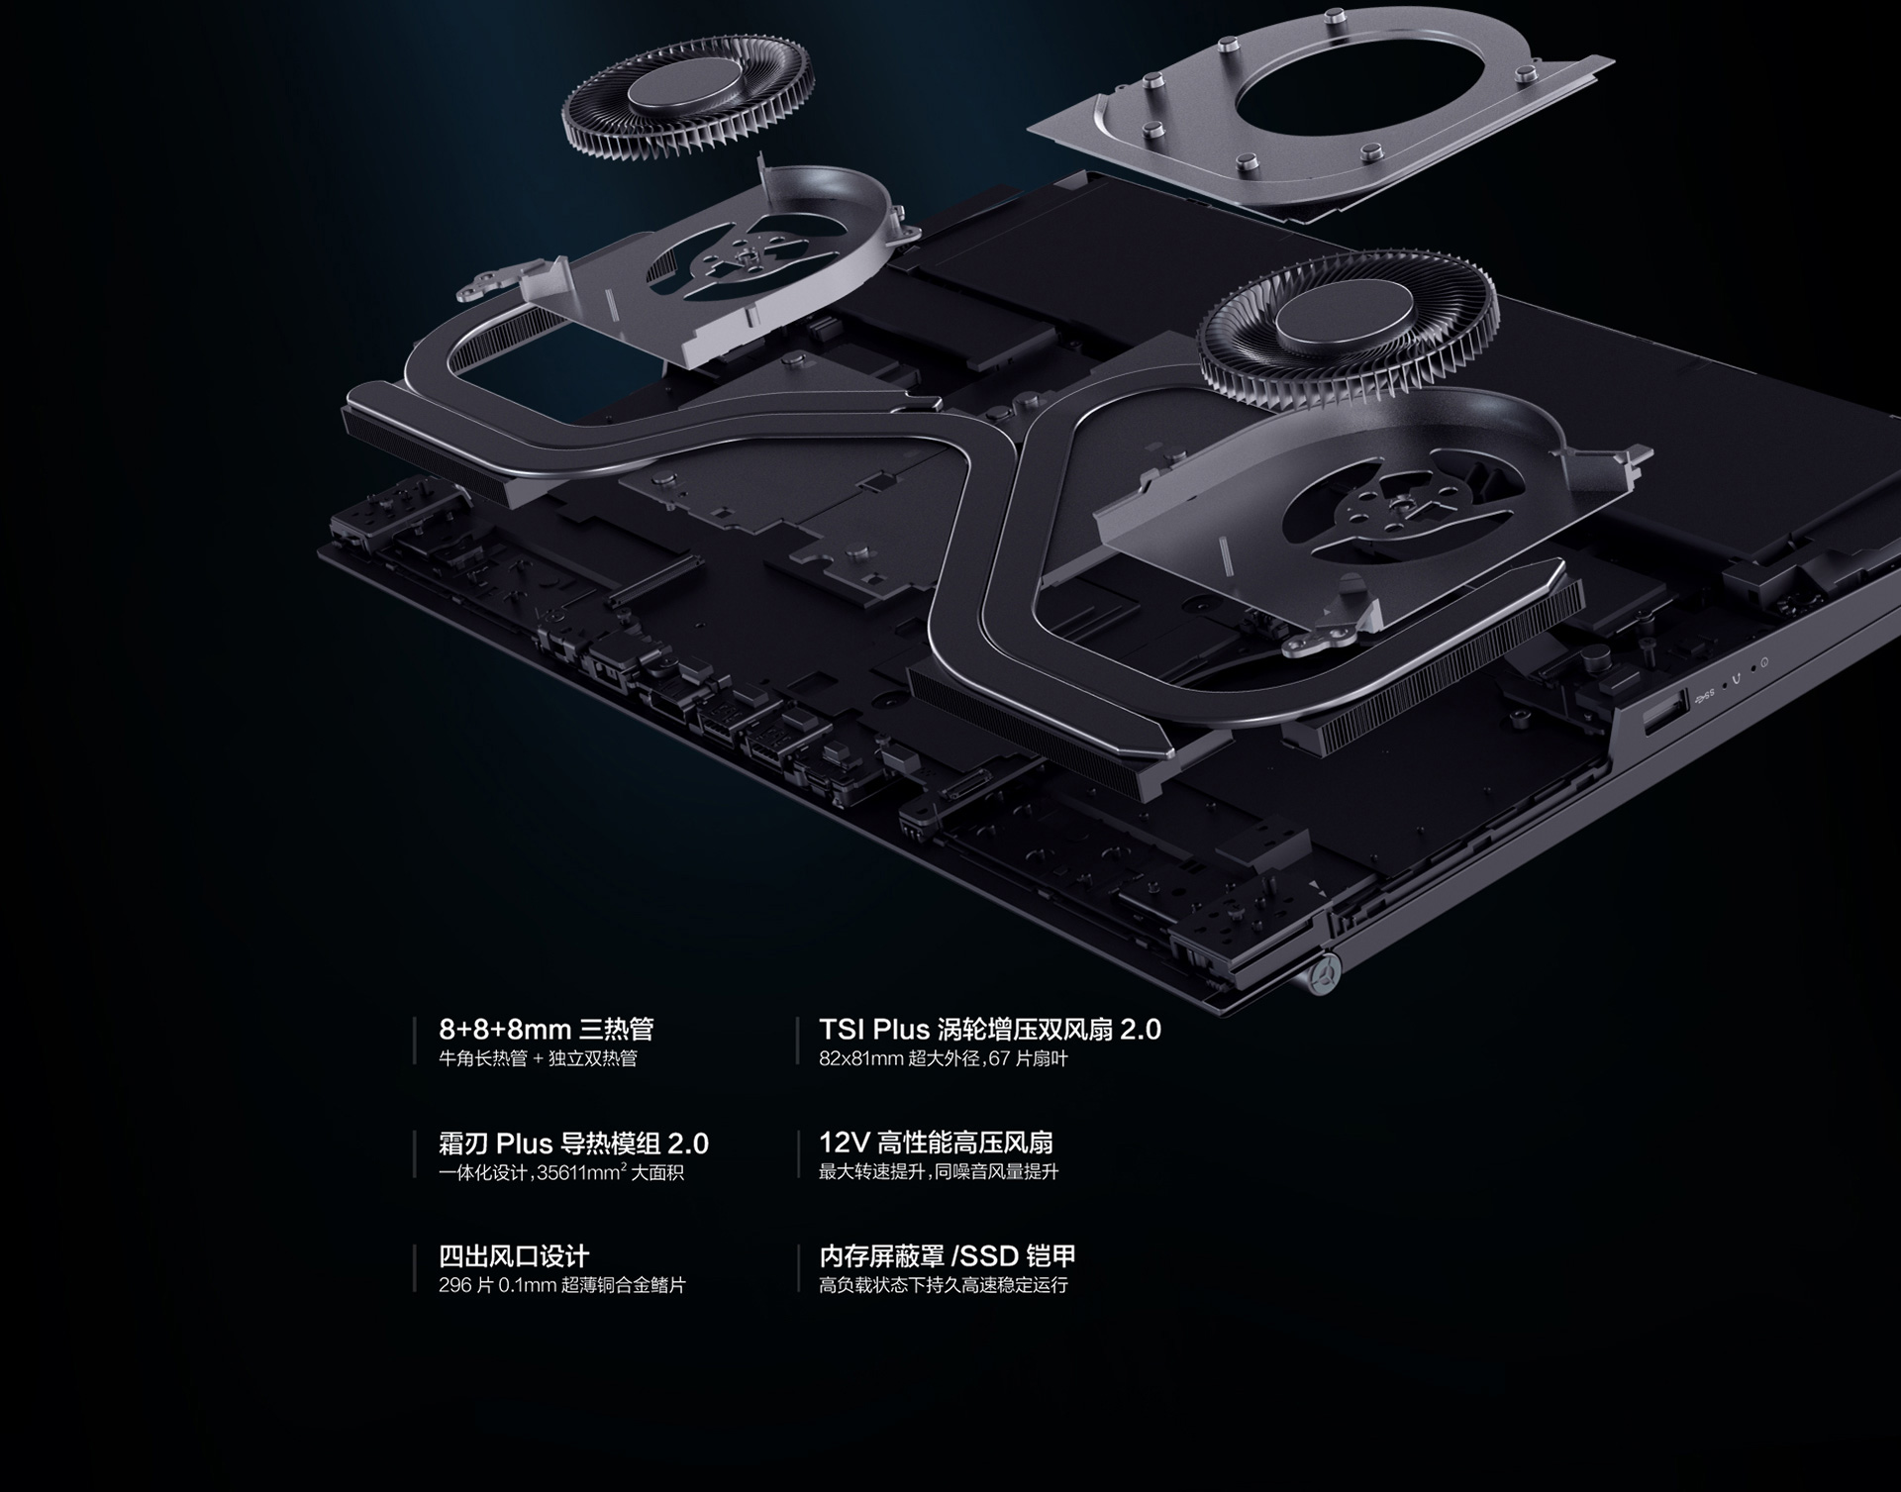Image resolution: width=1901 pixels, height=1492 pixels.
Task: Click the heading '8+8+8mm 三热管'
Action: point(546,1030)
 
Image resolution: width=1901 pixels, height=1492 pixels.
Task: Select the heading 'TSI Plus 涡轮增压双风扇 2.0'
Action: point(990,1030)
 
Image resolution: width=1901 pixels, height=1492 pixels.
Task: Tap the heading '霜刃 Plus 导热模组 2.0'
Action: point(573,1144)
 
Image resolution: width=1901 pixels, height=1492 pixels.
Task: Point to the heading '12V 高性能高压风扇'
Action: point(936,1143)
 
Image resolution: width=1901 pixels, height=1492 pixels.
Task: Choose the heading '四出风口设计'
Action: point(514,1256)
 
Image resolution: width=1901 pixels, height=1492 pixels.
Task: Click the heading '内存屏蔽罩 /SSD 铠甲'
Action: point(948,1256)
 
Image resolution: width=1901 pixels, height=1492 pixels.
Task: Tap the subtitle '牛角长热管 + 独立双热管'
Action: point(538,1058)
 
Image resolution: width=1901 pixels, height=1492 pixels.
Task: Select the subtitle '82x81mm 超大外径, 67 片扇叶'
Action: point(944,1058)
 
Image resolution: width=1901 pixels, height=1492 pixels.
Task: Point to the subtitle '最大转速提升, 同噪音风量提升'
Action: point(939,1172)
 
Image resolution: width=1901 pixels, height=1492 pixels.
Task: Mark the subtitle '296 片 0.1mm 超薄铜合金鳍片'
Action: point(562,1285)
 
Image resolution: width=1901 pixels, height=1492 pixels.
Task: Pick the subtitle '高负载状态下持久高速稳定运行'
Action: point(944,1285)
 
